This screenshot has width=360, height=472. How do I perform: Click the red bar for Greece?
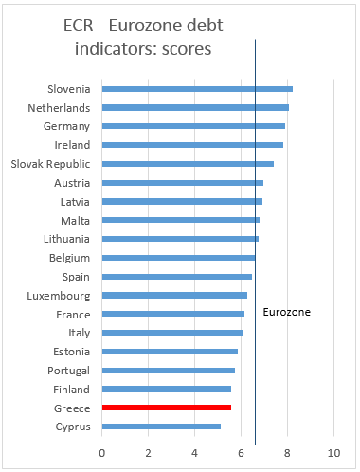[x=166, y=408]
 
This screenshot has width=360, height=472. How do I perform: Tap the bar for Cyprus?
[x=161, y=427]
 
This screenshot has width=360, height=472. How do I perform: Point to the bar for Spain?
[x=176, y=277]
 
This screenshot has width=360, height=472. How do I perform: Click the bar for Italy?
[x=171, y=333]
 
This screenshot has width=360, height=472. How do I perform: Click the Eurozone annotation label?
[x=286, y=311]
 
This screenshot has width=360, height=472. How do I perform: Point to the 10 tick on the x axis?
[x=333, y=452]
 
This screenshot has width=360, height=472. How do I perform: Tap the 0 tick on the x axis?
[x=102, y=452]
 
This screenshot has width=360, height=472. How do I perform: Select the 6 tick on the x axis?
[x=241, y=452]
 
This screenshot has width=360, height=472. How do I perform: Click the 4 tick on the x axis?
[x=194, y=452]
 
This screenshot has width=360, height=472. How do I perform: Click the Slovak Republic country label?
[x=49, y=163]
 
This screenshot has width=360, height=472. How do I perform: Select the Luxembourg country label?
[x=59, y=295]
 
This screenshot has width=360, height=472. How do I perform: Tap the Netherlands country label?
[x=59, y=107]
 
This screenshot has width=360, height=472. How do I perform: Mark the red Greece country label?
[x=71, y=408]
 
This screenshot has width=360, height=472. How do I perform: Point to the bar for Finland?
[x=166, y=389]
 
